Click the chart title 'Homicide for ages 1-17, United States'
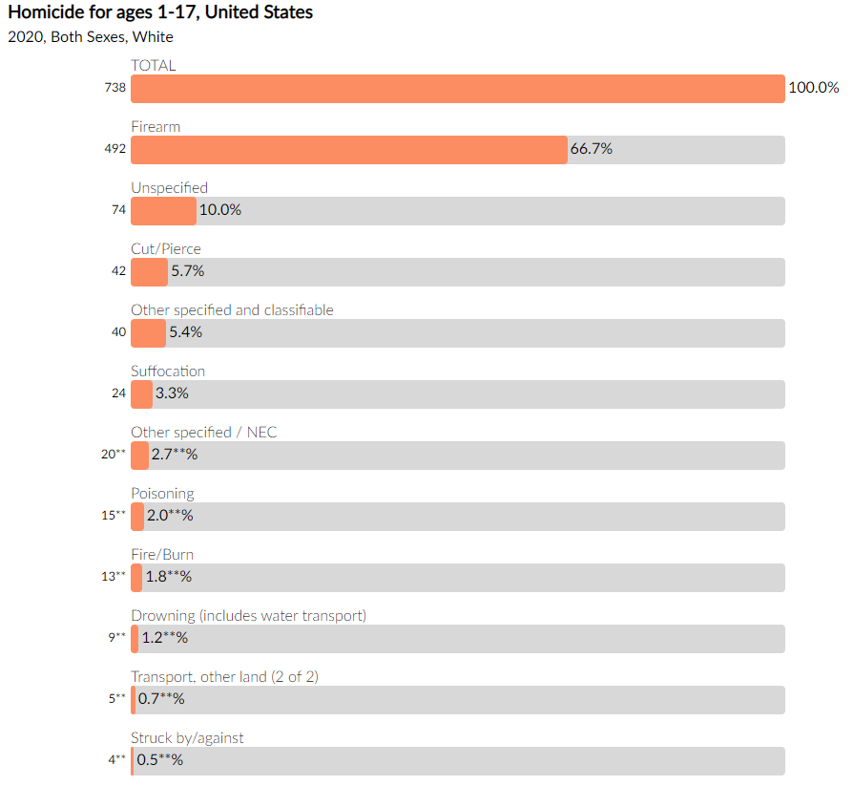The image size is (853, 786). (x=160, y=12)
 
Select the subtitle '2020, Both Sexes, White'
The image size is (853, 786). (x=91, y=37)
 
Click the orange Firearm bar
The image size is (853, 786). (x=348, y=150)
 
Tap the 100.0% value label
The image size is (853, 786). (x=814, y=88)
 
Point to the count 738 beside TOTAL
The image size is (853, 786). (x=115, y=88)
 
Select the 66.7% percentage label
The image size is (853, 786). (x=591, y=149)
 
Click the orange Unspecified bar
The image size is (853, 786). (x=163, y=211)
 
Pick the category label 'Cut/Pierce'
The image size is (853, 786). (x=166, y=249)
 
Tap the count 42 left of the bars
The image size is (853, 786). (x=118, y=271)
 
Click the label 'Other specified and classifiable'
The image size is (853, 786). (x=232, y=310)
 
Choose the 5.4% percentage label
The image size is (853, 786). (x=185, y=332)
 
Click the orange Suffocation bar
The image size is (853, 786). (x=141, y=394)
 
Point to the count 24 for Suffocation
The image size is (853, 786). (x=118, y=393)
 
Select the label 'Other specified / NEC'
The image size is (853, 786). (x=203, y=433)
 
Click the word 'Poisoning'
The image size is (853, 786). (x=162, y=494)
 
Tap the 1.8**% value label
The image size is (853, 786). (x=168, y=577)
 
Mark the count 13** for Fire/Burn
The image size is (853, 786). (x=114, y=576)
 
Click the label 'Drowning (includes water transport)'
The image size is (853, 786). (x=248, y=616)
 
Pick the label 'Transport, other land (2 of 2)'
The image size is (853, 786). (x=224, y=677)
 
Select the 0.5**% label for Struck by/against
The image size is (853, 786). (x=159, y=760)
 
